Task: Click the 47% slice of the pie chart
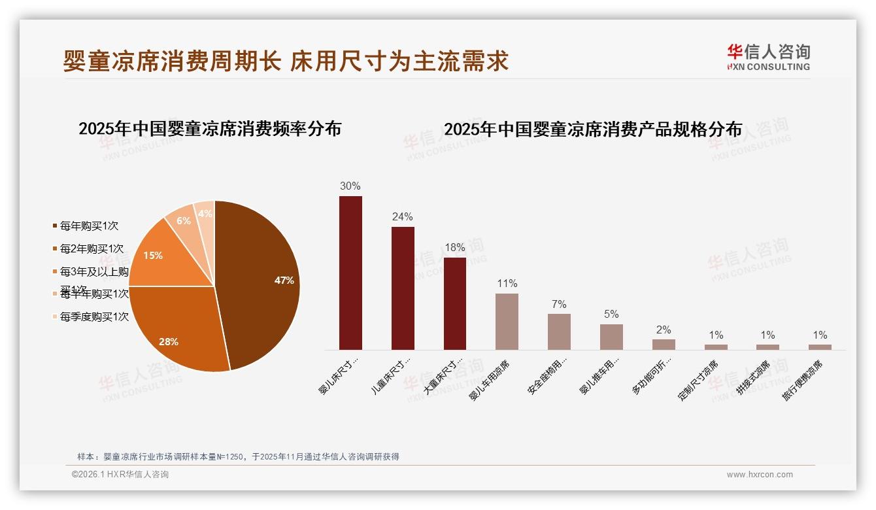click(261, 281)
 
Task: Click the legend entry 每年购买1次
click(89, 226)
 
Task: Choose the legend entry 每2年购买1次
click(92, 249)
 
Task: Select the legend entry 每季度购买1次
click(94, 317)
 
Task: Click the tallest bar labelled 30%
click(350, 273)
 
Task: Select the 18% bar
click(455, 303)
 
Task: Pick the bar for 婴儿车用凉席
click(507, 321)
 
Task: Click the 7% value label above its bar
click(559, 305)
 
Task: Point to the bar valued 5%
click(611, 337)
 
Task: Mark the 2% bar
click(664, 345)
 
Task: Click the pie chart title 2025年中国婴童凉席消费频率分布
click(210, 129)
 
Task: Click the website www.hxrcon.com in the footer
click(760, 475)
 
